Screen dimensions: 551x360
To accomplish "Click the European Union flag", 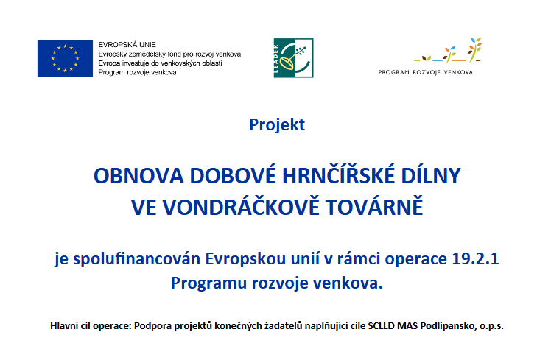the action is tap(65, 58).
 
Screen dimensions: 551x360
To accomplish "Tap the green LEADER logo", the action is tap(293, 58).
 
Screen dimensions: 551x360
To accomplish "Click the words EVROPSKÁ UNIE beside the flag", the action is tap(127, 45).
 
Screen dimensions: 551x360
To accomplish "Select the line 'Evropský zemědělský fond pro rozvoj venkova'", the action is tap(169, 54).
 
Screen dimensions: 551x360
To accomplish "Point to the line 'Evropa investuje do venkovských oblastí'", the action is tap(161, 63).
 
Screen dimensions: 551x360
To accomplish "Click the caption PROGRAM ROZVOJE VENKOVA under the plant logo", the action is tap(426, 72).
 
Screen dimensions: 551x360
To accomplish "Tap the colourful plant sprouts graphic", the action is tap(447, 51).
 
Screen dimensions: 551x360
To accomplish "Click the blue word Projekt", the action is tap(277, 124).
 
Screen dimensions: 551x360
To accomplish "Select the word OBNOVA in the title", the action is tap(138, 176).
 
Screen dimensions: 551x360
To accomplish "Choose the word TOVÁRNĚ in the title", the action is tap(374, 207).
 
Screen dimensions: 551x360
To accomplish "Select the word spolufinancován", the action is tap(136, 260).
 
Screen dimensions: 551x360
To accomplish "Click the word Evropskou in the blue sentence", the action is tap(245, 260).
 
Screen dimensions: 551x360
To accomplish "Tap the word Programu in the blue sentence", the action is tap(208, 283).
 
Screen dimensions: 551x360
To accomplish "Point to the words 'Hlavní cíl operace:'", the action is tap(91, 326).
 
